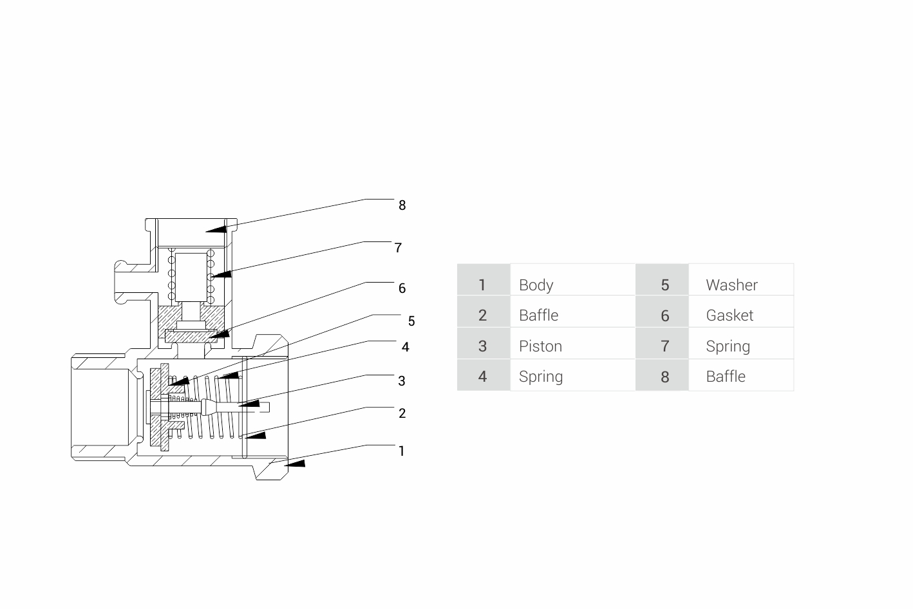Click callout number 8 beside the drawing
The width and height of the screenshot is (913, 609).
click(402, 205)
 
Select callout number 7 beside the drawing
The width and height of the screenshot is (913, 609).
click(398, 248)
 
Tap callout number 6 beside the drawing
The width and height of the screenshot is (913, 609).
click(402, 288)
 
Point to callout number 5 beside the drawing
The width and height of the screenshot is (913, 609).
click(411, 321)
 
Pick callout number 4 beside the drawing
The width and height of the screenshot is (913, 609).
click(405, 347)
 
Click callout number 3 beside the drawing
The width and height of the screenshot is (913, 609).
click(402, 381)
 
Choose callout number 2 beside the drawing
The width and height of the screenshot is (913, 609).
click(402, 413)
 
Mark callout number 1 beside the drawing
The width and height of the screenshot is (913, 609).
click(402, 451)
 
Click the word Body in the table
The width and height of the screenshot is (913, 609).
click(536, 285)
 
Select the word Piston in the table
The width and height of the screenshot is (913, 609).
click(540, 346)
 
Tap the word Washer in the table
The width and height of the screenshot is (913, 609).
click(731, 285)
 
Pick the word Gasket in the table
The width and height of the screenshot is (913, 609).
click(729, 315)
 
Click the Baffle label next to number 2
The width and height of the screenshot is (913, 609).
click(538, 315)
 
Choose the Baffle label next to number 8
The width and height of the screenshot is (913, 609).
click(726, 377)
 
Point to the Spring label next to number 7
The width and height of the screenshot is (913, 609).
click(728, 346)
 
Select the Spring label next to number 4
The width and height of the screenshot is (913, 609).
click(541, 377)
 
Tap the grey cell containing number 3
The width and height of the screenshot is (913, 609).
click(483, 346)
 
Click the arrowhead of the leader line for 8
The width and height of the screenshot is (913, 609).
click(218, 229)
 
